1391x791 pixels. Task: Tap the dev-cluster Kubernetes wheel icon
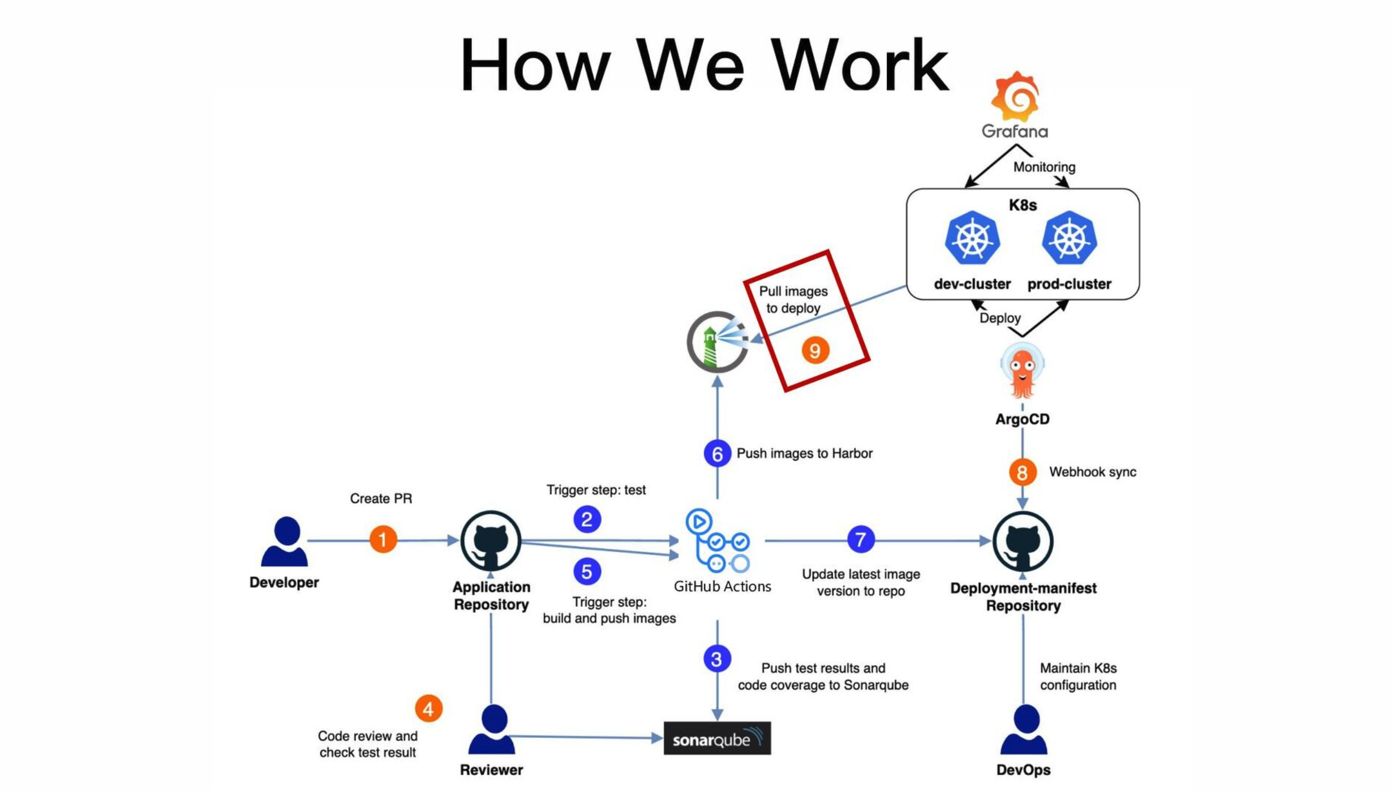(x=972, y=238)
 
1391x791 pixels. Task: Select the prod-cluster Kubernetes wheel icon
(x=1069, y=238)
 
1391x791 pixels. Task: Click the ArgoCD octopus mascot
(x=1022, y=371)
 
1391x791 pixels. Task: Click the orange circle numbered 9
(x=815, y=350)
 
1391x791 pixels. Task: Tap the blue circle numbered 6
(x=717, y=454)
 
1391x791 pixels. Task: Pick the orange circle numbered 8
(x=1022, y=472)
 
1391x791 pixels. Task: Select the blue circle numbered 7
(x=860, y=539)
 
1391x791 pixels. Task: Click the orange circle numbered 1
(x=383, y=539)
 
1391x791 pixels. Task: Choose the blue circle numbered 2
(x=587, y=519)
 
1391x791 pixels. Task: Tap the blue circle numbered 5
(x=587, y=571)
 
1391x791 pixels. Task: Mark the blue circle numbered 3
(x=717, y=659)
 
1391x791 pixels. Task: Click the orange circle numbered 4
(x=428, y=708)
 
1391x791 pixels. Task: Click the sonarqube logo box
(x=717, y=738)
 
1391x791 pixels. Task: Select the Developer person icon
(x=285, y=541)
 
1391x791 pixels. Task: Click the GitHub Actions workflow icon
(x=718, y=540)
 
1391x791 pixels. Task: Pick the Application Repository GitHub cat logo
(x=491, y=541)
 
